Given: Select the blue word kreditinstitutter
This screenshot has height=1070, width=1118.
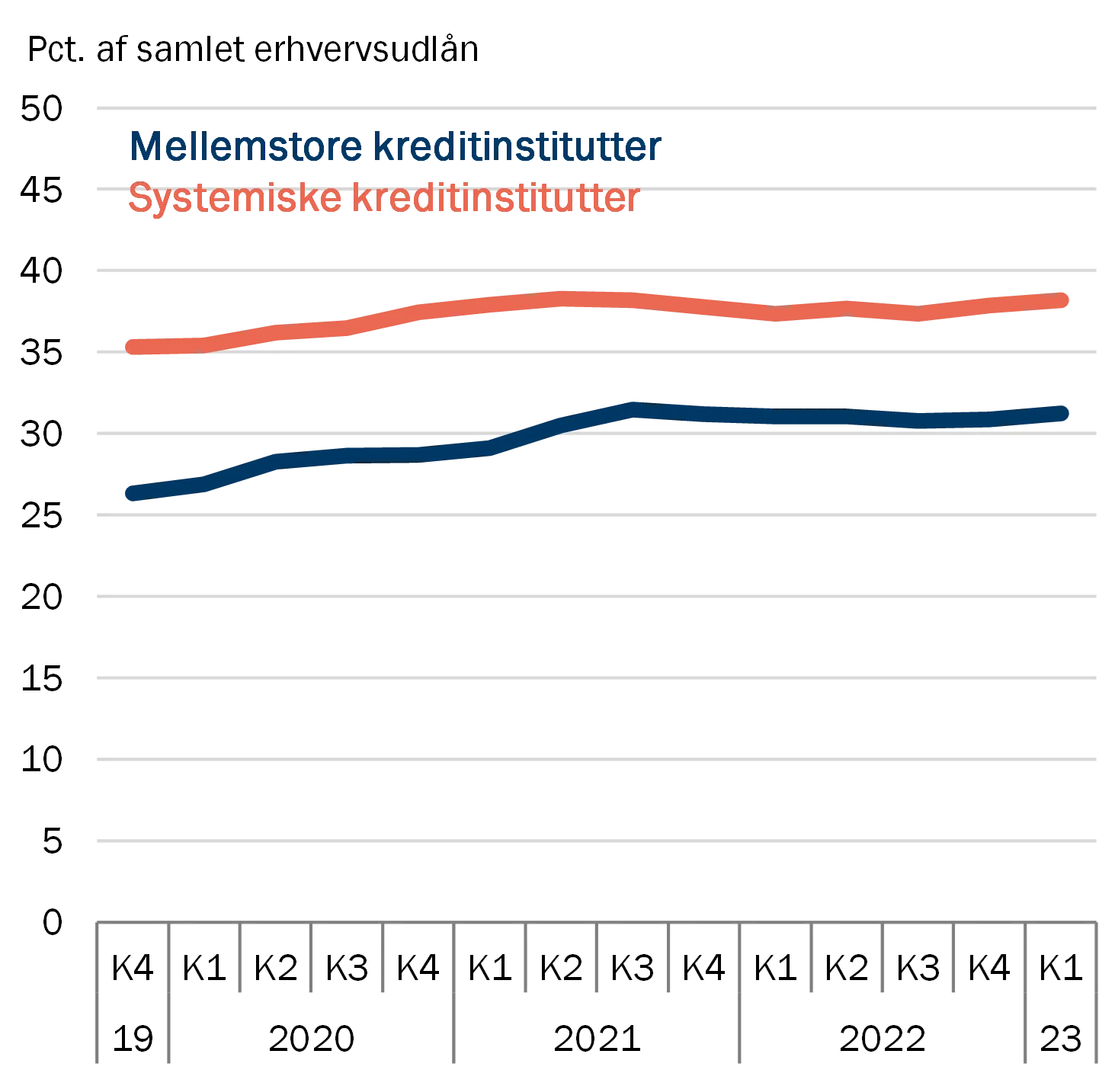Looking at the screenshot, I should pos(518,147).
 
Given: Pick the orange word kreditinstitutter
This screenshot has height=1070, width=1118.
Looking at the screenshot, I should pos(495,199).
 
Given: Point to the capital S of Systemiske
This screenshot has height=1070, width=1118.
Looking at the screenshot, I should pos(139,199).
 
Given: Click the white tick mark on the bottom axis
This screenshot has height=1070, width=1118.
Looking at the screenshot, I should pos(671,959).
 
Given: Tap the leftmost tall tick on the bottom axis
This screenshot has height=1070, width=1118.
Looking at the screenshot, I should pos(98,995).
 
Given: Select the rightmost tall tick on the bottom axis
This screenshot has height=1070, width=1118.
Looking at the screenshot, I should pos(1097,995).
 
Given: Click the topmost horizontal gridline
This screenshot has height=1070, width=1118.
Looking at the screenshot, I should pos(594,106).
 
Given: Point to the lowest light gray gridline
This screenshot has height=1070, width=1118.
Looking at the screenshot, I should pos(594,841).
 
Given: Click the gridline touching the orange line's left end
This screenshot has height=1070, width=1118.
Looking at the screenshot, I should pos(594,351).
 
